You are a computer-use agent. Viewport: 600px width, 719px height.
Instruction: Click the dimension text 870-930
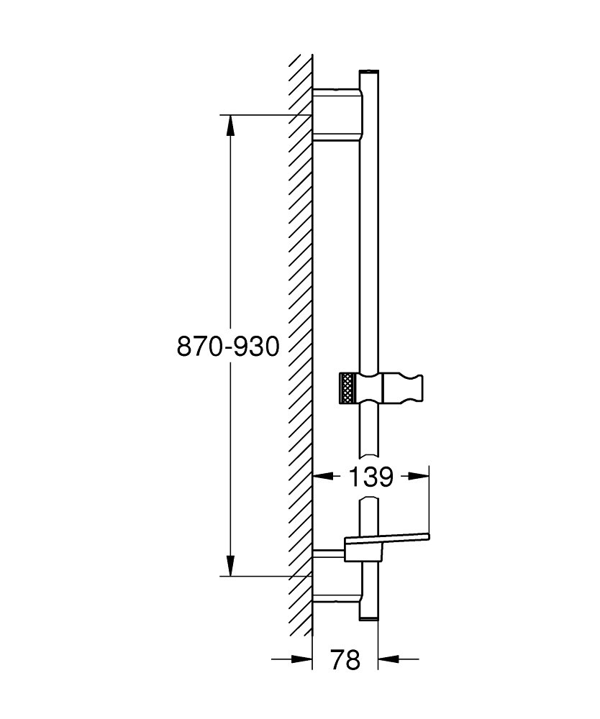pyautogui.click(x=227, y=347)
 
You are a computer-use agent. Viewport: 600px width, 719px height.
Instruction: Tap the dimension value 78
pyautogui.click(x=345, y=659)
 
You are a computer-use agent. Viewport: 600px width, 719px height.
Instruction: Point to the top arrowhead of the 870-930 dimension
pyautogui.click(x=230, y=125)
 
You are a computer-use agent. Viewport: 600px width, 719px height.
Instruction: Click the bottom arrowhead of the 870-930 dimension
pyautogui.click(x=230, y=565)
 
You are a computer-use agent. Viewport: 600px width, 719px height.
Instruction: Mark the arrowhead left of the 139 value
pyautogui.click(x=323, y=476)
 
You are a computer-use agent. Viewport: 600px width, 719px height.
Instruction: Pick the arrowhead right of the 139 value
pyautogui.click(x=418, y=476)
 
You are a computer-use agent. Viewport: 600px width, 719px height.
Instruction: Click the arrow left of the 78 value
pyautogui.click(x=301, y=658)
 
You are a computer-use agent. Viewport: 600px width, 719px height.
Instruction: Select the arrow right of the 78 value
pyautogui.click(x=389, y=658)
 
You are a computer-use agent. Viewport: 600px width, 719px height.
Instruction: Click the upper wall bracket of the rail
pyautogui.click(x=337, y=114)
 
